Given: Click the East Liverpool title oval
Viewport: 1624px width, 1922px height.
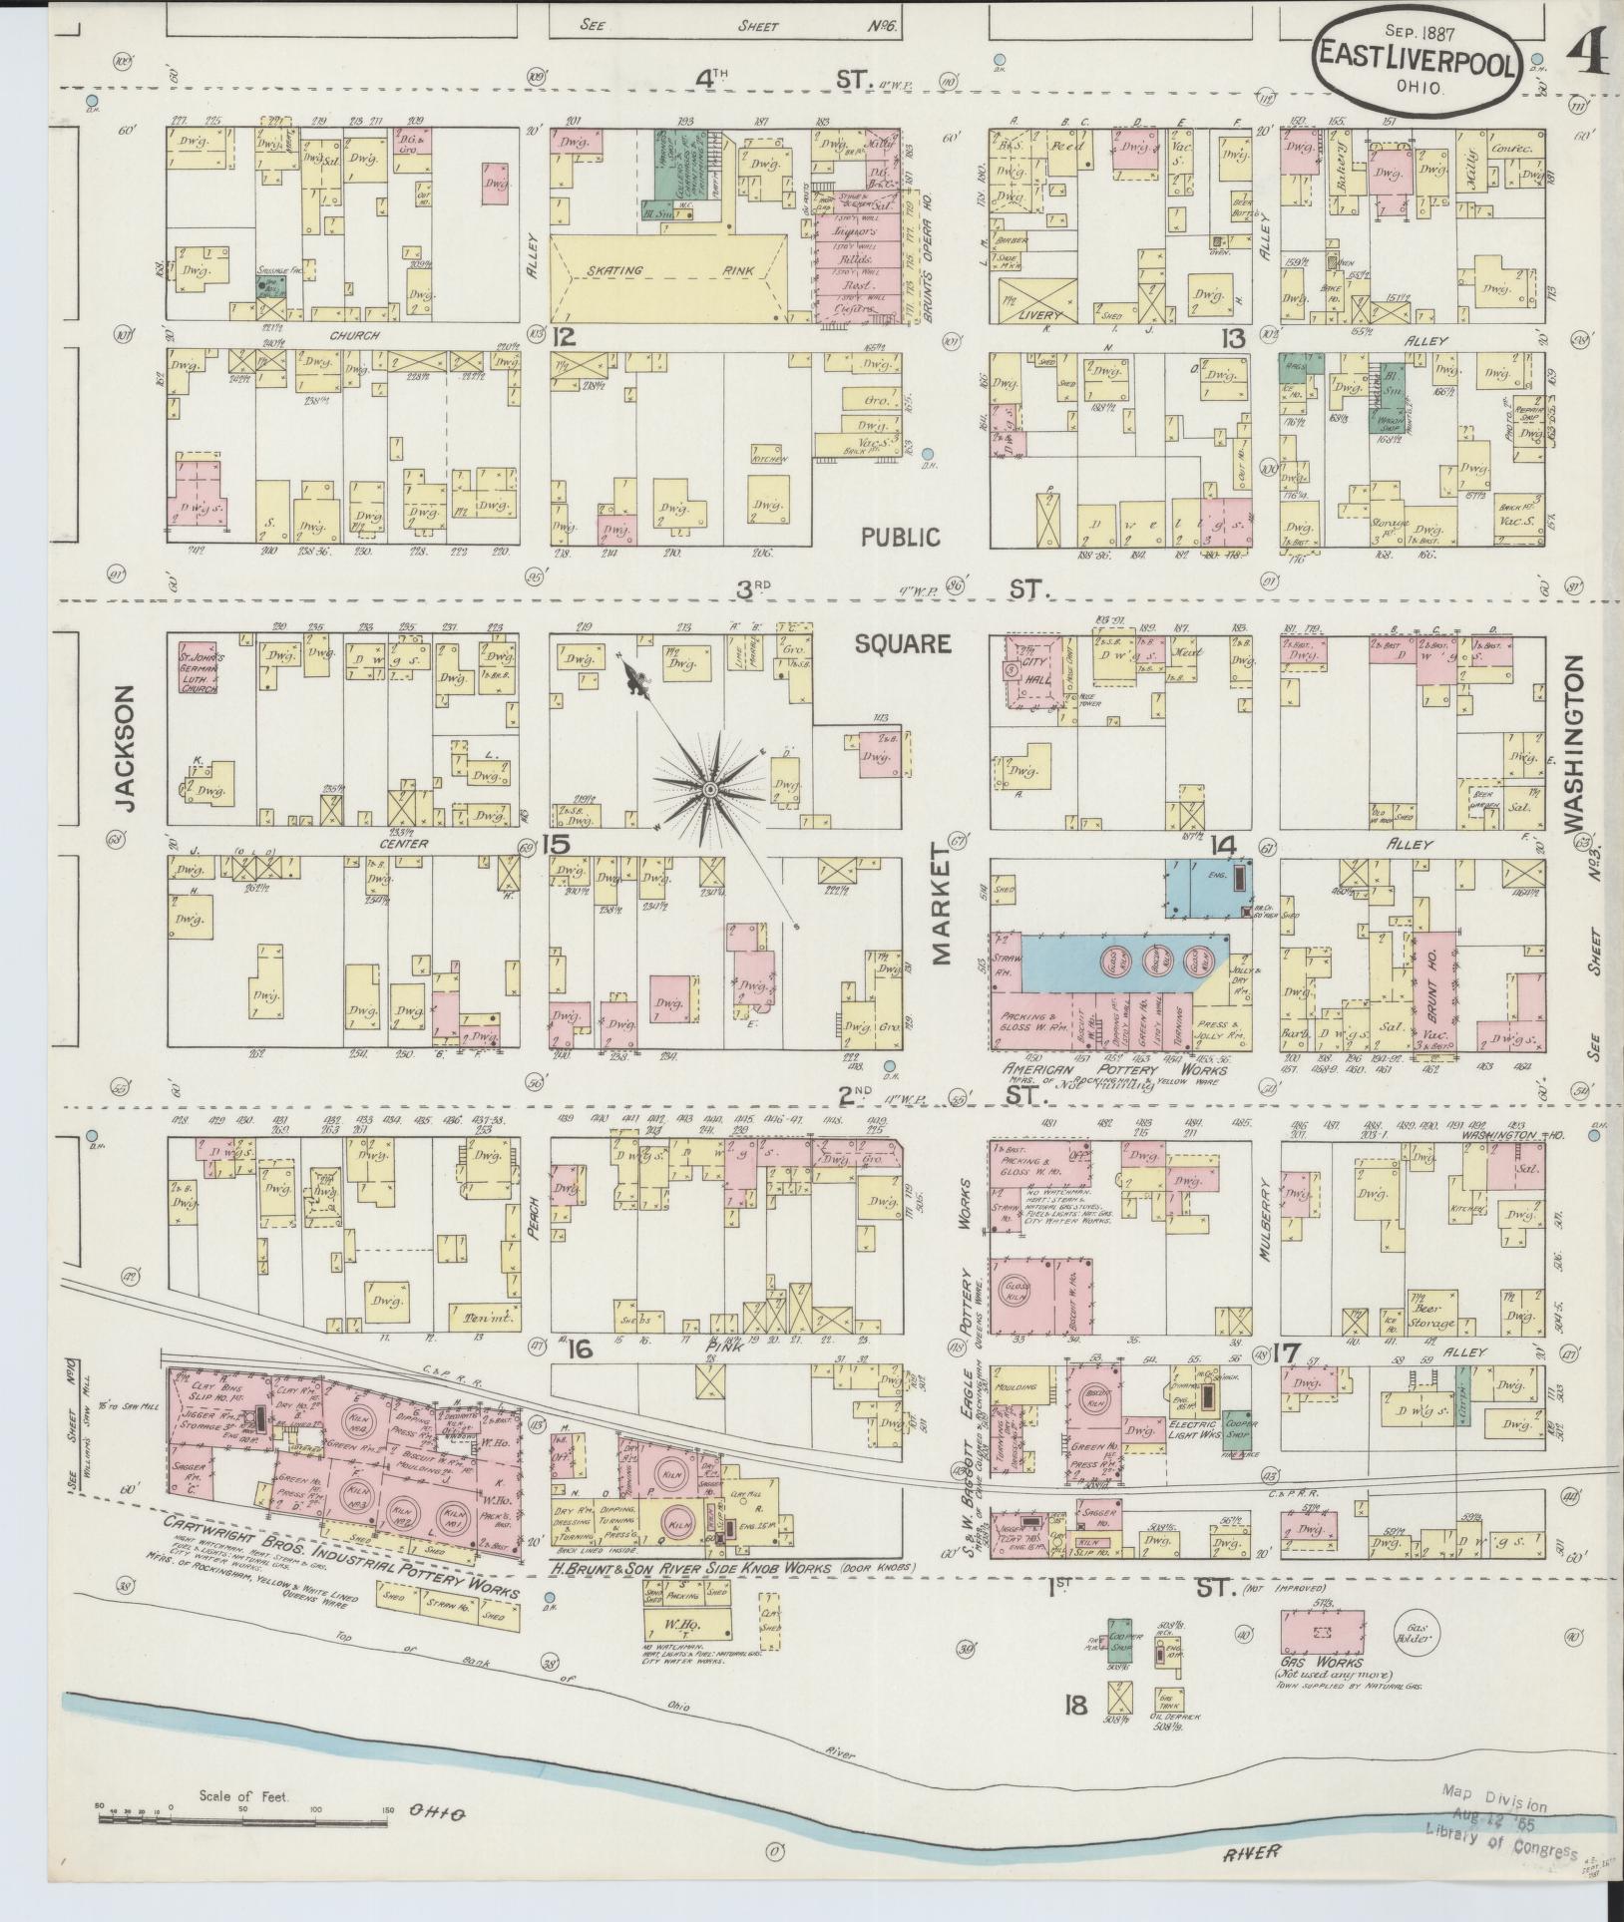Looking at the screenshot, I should [1417, 62].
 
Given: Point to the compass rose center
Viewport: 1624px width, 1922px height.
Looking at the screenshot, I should [709, 790].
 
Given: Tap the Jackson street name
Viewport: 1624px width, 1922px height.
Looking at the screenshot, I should [124, 747].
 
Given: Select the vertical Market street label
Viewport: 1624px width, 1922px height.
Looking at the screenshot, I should [942, 904].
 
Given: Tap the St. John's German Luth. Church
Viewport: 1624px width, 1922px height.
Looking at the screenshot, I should [198, 666].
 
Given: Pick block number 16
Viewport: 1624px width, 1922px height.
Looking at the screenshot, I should [581, 1350].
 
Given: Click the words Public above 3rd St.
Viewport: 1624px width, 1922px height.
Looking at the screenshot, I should [902, 538].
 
